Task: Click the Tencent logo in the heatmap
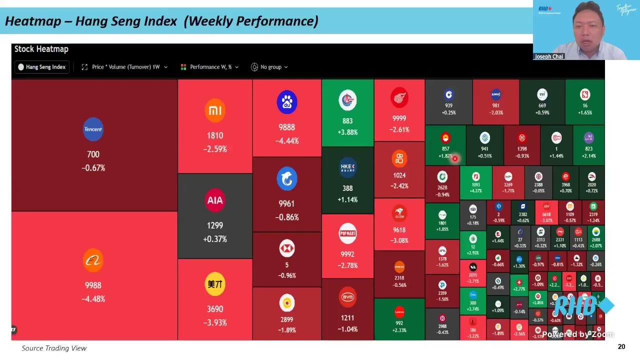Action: (x=93, y=129)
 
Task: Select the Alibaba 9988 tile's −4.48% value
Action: (x=93, y=299)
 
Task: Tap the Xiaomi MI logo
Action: (x=215, y=110)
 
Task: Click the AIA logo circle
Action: (x=215, y=200)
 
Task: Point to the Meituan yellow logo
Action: (x=215, y=284)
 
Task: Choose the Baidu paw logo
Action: (x=287, y=102)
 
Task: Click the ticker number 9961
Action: (x=287, y=203)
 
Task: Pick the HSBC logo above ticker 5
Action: (x=287, y=248)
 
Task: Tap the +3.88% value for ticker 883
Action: (x=347, y=132)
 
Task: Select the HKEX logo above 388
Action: (x=347, y=167)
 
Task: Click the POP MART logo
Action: (x=347, y=233)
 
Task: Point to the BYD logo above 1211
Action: (x=347, y=297)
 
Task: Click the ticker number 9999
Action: (x=399, y=118)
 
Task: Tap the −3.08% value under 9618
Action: (x=399, y=240)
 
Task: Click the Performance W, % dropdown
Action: (x=209, y=67)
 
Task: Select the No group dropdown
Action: (x=269, y=67)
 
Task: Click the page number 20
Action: (x=621, y=346)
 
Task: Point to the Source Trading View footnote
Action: (x=54, y=348)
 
